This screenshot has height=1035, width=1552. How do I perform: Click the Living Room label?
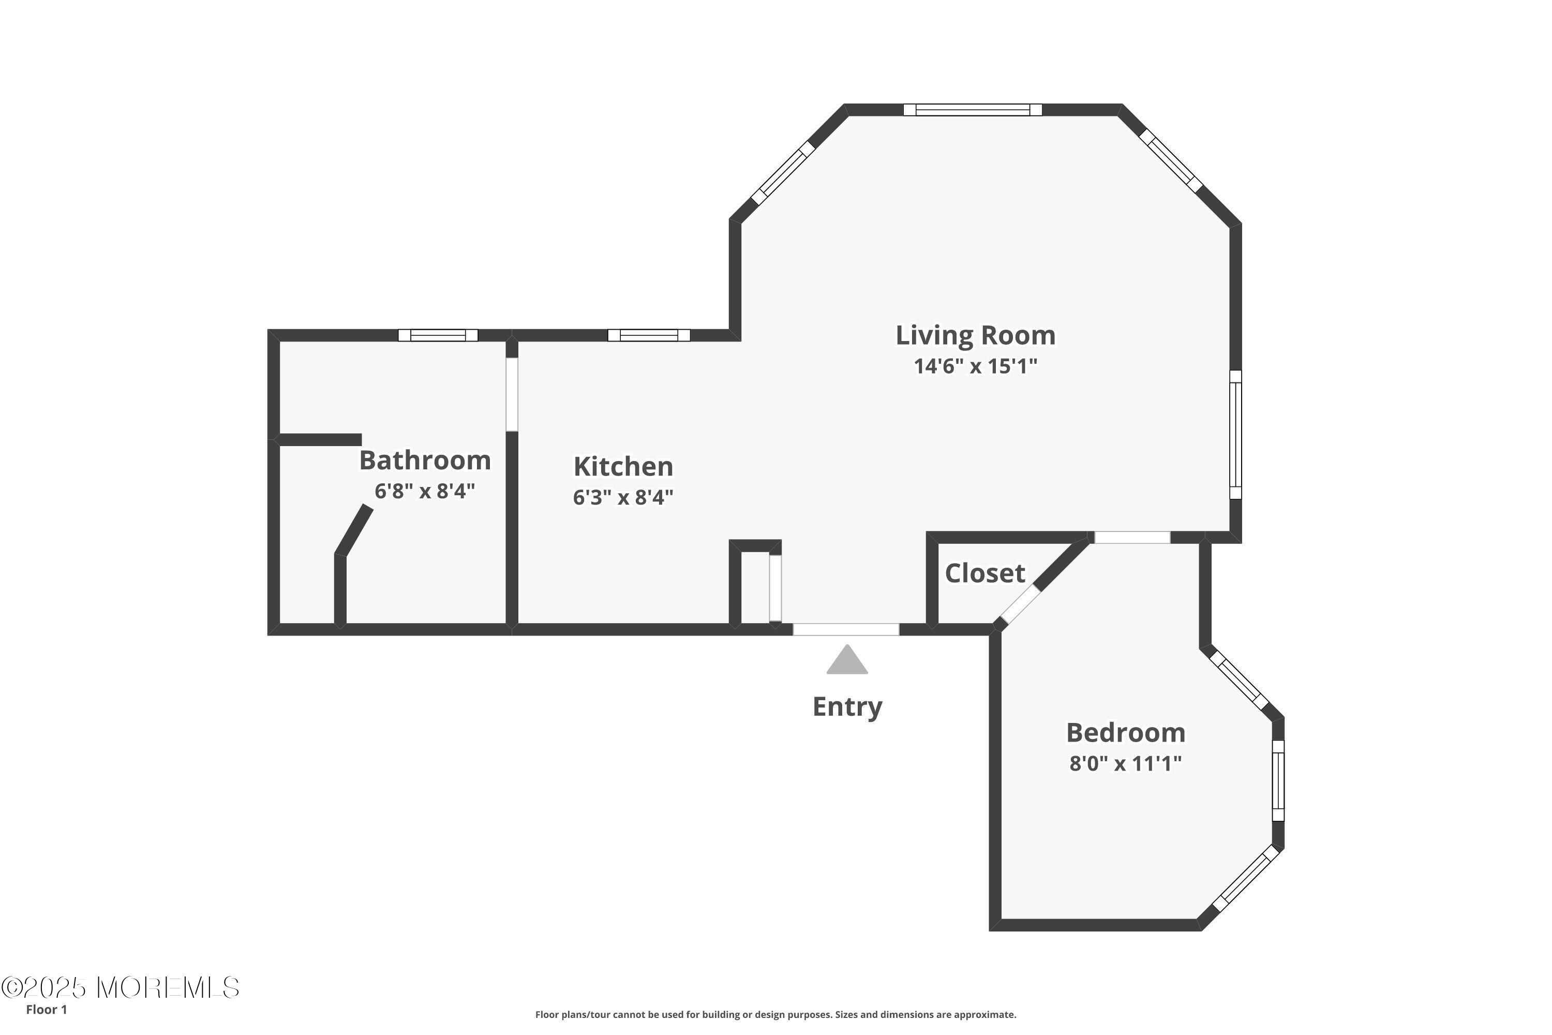(975, 335)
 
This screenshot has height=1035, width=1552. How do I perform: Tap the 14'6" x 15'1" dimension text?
(975, 366)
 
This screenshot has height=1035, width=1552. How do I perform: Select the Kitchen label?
(623, 467)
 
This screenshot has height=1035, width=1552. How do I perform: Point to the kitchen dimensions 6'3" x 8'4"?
(623, 497)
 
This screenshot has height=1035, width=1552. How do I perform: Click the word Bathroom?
(425, 460)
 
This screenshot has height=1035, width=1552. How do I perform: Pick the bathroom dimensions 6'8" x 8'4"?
(425, 491)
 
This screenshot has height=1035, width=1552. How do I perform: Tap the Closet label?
(985, 573)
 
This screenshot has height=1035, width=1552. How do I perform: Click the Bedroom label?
(1126, 733)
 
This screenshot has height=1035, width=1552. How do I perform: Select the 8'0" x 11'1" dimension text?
(1126, 764)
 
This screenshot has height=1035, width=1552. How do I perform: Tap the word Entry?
(847, 707)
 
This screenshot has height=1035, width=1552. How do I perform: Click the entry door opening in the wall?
(846, 630)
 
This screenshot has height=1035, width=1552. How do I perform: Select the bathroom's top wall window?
(438, 335)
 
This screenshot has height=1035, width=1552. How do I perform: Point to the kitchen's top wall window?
(649, 335)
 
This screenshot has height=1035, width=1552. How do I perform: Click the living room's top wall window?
(973, 110)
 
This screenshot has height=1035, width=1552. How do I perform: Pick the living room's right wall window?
(1236, 434)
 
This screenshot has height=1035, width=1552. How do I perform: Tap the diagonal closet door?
(1021, 604)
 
